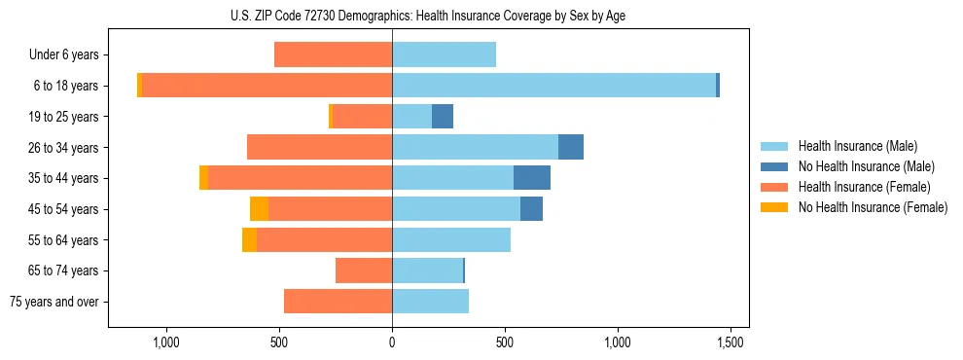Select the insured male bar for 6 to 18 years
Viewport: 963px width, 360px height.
click(553, 86)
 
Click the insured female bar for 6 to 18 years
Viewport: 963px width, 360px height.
click(267, 86)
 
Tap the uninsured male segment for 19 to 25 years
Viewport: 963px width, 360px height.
click(443, 116)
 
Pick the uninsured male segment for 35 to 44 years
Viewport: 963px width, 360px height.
click(532, 178)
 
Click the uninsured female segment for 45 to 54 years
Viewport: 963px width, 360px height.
click(259, 208)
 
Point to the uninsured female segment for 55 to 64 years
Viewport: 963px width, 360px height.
click(249, 239)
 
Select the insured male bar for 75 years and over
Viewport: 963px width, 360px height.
click(430, 302)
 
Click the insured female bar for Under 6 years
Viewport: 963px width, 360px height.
click(333, 54)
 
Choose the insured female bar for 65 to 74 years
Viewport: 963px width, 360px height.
click(364, 270)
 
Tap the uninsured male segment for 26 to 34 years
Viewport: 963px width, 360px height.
click(571, 147)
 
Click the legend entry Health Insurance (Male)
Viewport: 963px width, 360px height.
click(857, 146)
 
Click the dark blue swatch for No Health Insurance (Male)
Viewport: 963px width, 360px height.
click(775, 166)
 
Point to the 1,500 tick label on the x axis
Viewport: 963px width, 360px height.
click(731, 342)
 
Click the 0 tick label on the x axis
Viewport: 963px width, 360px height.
click(392, 342)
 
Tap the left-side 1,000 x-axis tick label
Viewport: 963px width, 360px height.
click(166, 342)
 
